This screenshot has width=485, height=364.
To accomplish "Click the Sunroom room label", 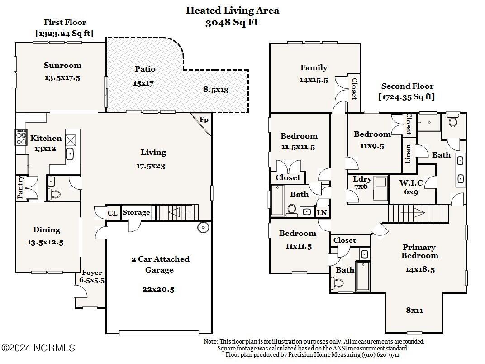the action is [x=62, y=65].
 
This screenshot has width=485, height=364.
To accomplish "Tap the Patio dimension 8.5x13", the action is [x=216, y=90].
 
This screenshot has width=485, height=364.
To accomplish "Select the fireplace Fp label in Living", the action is [x=204, y=120].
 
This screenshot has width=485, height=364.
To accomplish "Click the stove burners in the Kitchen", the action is [x=21, y=138].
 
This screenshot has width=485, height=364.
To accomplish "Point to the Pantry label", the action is [x=20, y=187].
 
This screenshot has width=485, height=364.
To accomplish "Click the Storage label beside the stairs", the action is [x=136, y=212].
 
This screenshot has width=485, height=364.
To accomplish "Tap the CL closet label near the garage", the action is [x=112, y=213].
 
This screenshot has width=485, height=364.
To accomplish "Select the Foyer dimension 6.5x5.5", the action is [x=92, y=280].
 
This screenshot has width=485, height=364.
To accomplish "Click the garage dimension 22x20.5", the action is [x=158, y=289].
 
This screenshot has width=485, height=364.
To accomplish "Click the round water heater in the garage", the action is [x=203, y=228].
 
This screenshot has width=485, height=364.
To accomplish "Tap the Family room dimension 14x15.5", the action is [x=314, y=80].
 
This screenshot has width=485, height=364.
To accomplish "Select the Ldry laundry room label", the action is [x=362, y=179].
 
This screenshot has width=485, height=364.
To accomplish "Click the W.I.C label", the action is [x=411, y=182].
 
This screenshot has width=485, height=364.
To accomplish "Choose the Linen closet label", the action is [x=408, y=154].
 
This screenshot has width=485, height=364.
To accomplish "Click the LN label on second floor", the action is [x=322, y=213].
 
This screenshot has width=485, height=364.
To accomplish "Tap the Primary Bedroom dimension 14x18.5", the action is [x=420, y=269].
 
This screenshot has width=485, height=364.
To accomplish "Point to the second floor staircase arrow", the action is [x=414, y=213].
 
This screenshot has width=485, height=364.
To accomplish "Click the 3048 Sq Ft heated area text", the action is [x=232, y=23].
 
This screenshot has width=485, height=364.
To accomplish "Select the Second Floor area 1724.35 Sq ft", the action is [x=407, y=97].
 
